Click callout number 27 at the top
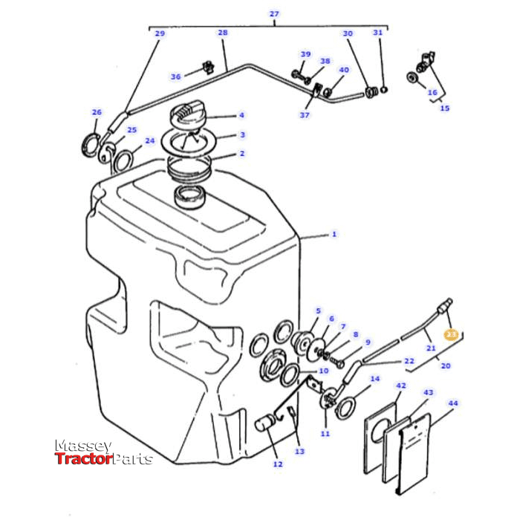tap(274, 13)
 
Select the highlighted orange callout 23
tap(451, 335)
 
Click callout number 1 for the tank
tap(334, 234)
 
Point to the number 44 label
tap(452, 403)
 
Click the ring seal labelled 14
tap(345, 407)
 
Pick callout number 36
tap(175, 77)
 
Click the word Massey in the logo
tap(83, 446)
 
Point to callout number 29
tap(160, 33)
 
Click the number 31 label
tap(377, 33)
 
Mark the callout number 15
tap(444, 108)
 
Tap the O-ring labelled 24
tap(125, 157)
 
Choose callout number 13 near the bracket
tap(299, 451)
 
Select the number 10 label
tap(322, 371)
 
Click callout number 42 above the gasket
tap(400, 386)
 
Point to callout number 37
tap(305, 115)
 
